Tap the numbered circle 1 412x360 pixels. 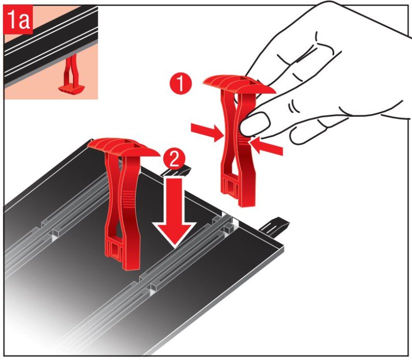pyautogui.click(x=181, y=84)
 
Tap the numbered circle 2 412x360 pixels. pyautogui.click(x=174, y=159)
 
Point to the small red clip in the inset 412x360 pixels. pyautogui.click(x=71, y=77)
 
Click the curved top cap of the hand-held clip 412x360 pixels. pyautogui.click(x=239, y=84)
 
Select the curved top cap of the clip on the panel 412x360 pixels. pyautogui.click(x=124, y=148)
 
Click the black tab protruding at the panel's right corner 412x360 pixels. pyautogui.click(x=274, y=226)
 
